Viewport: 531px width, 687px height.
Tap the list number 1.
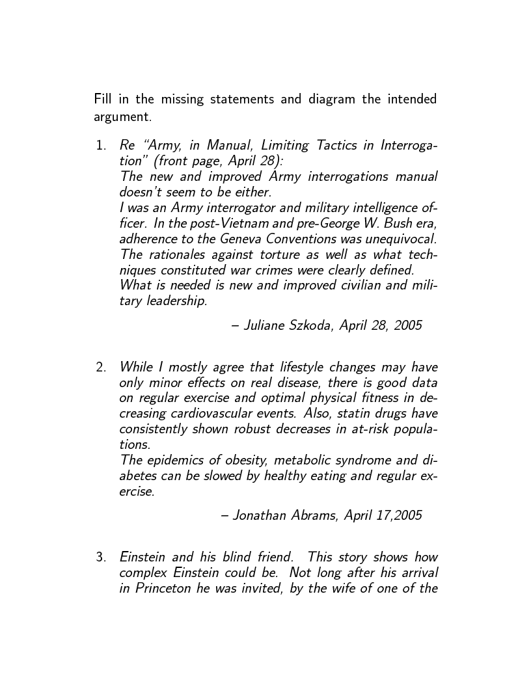[100, 145]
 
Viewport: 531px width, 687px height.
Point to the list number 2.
[100, 367]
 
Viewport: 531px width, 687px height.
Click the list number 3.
[100, 557]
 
